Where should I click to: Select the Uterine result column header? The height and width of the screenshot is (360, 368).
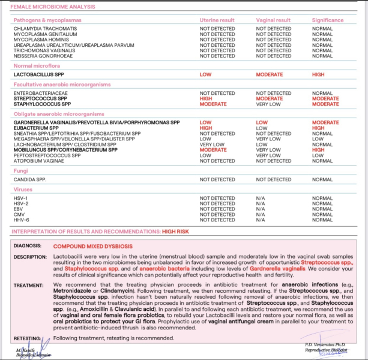click(217, 20)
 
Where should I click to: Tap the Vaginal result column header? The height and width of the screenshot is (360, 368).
click(274, 20)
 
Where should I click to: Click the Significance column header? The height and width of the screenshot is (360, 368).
click(328, 20)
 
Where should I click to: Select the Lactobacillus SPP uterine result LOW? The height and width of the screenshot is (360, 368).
click(205, 74)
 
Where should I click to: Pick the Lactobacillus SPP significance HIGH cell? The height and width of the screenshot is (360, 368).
click(318, 74)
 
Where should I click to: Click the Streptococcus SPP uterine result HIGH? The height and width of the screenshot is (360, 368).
click(206, 99)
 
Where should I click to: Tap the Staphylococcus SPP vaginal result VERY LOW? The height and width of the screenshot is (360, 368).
click(268, 104)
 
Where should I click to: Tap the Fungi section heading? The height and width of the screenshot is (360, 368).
click(20, 170)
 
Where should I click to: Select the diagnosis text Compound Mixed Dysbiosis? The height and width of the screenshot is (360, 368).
click(92, 246)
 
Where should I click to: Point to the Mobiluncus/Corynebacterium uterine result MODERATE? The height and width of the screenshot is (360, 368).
click(213, 150)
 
